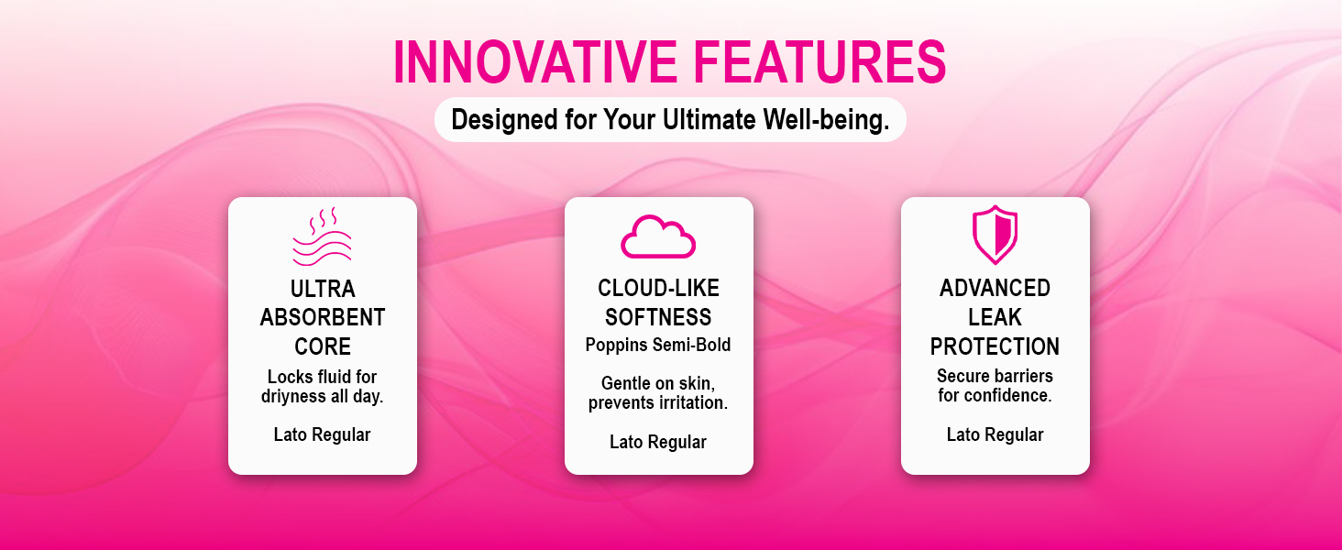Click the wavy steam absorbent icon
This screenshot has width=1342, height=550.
coord(323,236)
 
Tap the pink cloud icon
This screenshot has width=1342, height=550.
coord(658,236)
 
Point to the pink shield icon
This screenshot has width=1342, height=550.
coord(995,235)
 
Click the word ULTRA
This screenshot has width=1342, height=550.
coord(323,289)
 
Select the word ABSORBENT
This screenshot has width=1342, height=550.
coord(323,317)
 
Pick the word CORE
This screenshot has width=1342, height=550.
coord(323,346)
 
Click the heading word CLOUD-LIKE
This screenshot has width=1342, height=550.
coord(658,288)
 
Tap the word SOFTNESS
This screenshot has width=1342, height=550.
coord(658,317)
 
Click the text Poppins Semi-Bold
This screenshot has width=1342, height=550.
coord(658,345)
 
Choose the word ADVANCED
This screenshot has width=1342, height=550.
coord(995,288)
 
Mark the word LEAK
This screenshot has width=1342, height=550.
coord(995,317)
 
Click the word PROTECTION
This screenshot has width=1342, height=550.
coord(995,346)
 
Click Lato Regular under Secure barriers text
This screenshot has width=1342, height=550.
coord(995,434)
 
